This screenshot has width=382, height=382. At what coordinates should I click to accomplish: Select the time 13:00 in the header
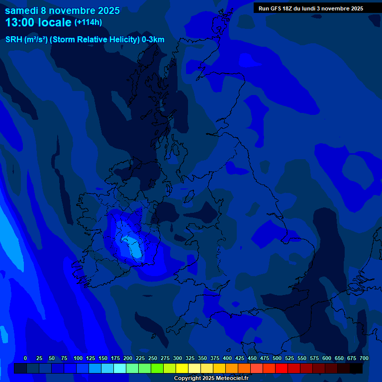pyautogui.click(x=20, y=22)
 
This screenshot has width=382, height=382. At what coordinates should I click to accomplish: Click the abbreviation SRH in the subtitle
pyautogui.click(x=14, y=40)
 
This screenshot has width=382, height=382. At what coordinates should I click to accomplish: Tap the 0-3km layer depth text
pyautogui.click(x=153, y=40)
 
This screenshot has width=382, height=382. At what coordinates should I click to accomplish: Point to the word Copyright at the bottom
pyautogui.click(x=187, y=378)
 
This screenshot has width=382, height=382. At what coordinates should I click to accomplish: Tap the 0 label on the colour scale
pyautogui.click(x=25, y=358)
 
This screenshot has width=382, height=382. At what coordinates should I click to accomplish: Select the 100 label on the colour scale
pyautogui.click(x=78, y=358)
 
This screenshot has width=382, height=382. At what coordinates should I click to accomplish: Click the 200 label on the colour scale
pyautogui.click(x=128, y=358)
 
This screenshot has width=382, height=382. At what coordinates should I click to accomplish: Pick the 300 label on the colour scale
pyautogui.click(x=178, y=358)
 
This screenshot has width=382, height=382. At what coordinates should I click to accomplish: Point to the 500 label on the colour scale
pyautogui.click(x=277, y=358)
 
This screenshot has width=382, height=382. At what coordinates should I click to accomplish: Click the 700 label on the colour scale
pyautogui.click(x=364, y=358)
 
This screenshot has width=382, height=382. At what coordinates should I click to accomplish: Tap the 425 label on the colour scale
pyautogui.click(x=240, y=358)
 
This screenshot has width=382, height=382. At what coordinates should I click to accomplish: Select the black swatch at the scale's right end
pyautogui.click(x=356, y=368)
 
